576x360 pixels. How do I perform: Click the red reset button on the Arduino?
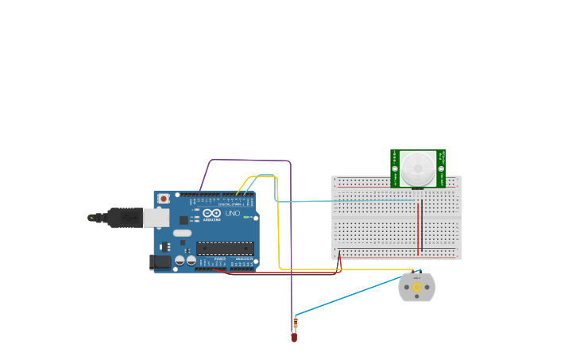(x=164, y=198)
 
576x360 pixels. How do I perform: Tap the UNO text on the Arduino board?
(x=233, y=214)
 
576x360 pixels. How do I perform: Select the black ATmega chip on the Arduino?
(x=226, y=249)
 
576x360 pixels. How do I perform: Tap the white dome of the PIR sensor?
(x=418, y=168)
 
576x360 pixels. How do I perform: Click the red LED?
(x=294, y=338)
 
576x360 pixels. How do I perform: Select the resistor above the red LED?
(x=296, y=323)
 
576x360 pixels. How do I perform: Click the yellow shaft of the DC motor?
(x=417, y=287)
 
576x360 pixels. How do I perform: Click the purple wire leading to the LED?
(x=291, y=238)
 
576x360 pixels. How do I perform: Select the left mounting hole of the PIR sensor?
(x=395, y=168)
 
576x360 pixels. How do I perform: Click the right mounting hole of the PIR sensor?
(x=441, y=168)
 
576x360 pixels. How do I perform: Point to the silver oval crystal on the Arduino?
(x=182, y=233)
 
